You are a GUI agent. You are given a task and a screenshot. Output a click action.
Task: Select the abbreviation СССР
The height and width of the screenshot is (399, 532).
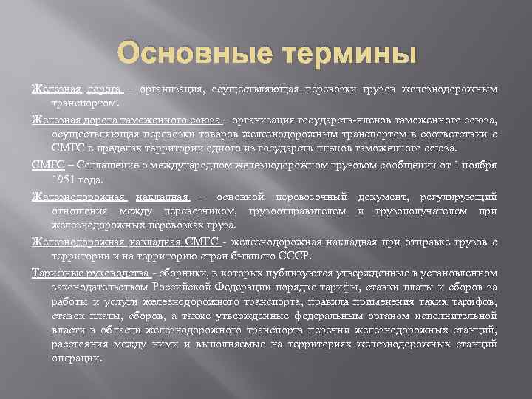pos(296,256)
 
